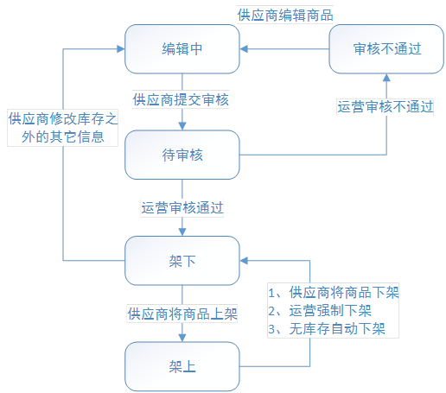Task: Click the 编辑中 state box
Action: (x=182, y=49)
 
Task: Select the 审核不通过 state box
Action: (x=386, y=49)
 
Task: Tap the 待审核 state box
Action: (x=182, y=155)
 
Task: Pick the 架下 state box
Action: (x=182, y=261)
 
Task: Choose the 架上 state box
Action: (x=182, y=366)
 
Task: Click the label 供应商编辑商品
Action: (x=285, y=15)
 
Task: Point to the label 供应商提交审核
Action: (x=181, y=99)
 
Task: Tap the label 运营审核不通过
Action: (x=385, y=106)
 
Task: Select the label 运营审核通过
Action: (x=182, y=207)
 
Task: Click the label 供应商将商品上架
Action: (x=182, y=314)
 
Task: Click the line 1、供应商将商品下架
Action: (x=334, y=293)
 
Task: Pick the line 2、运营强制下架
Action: (x=320, y=311)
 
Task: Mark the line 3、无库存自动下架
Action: (x=327, y=329)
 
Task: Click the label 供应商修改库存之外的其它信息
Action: (x=63, y=128)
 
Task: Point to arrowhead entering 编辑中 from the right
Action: (x=244, y=49)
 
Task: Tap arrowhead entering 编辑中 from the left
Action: (x=121, y=49)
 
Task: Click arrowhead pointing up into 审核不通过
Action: (x=386, y=78)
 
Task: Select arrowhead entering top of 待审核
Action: (x=182, y=126)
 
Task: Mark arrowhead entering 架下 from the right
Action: (x=244, y=261)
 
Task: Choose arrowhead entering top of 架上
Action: (x=182, y=338)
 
